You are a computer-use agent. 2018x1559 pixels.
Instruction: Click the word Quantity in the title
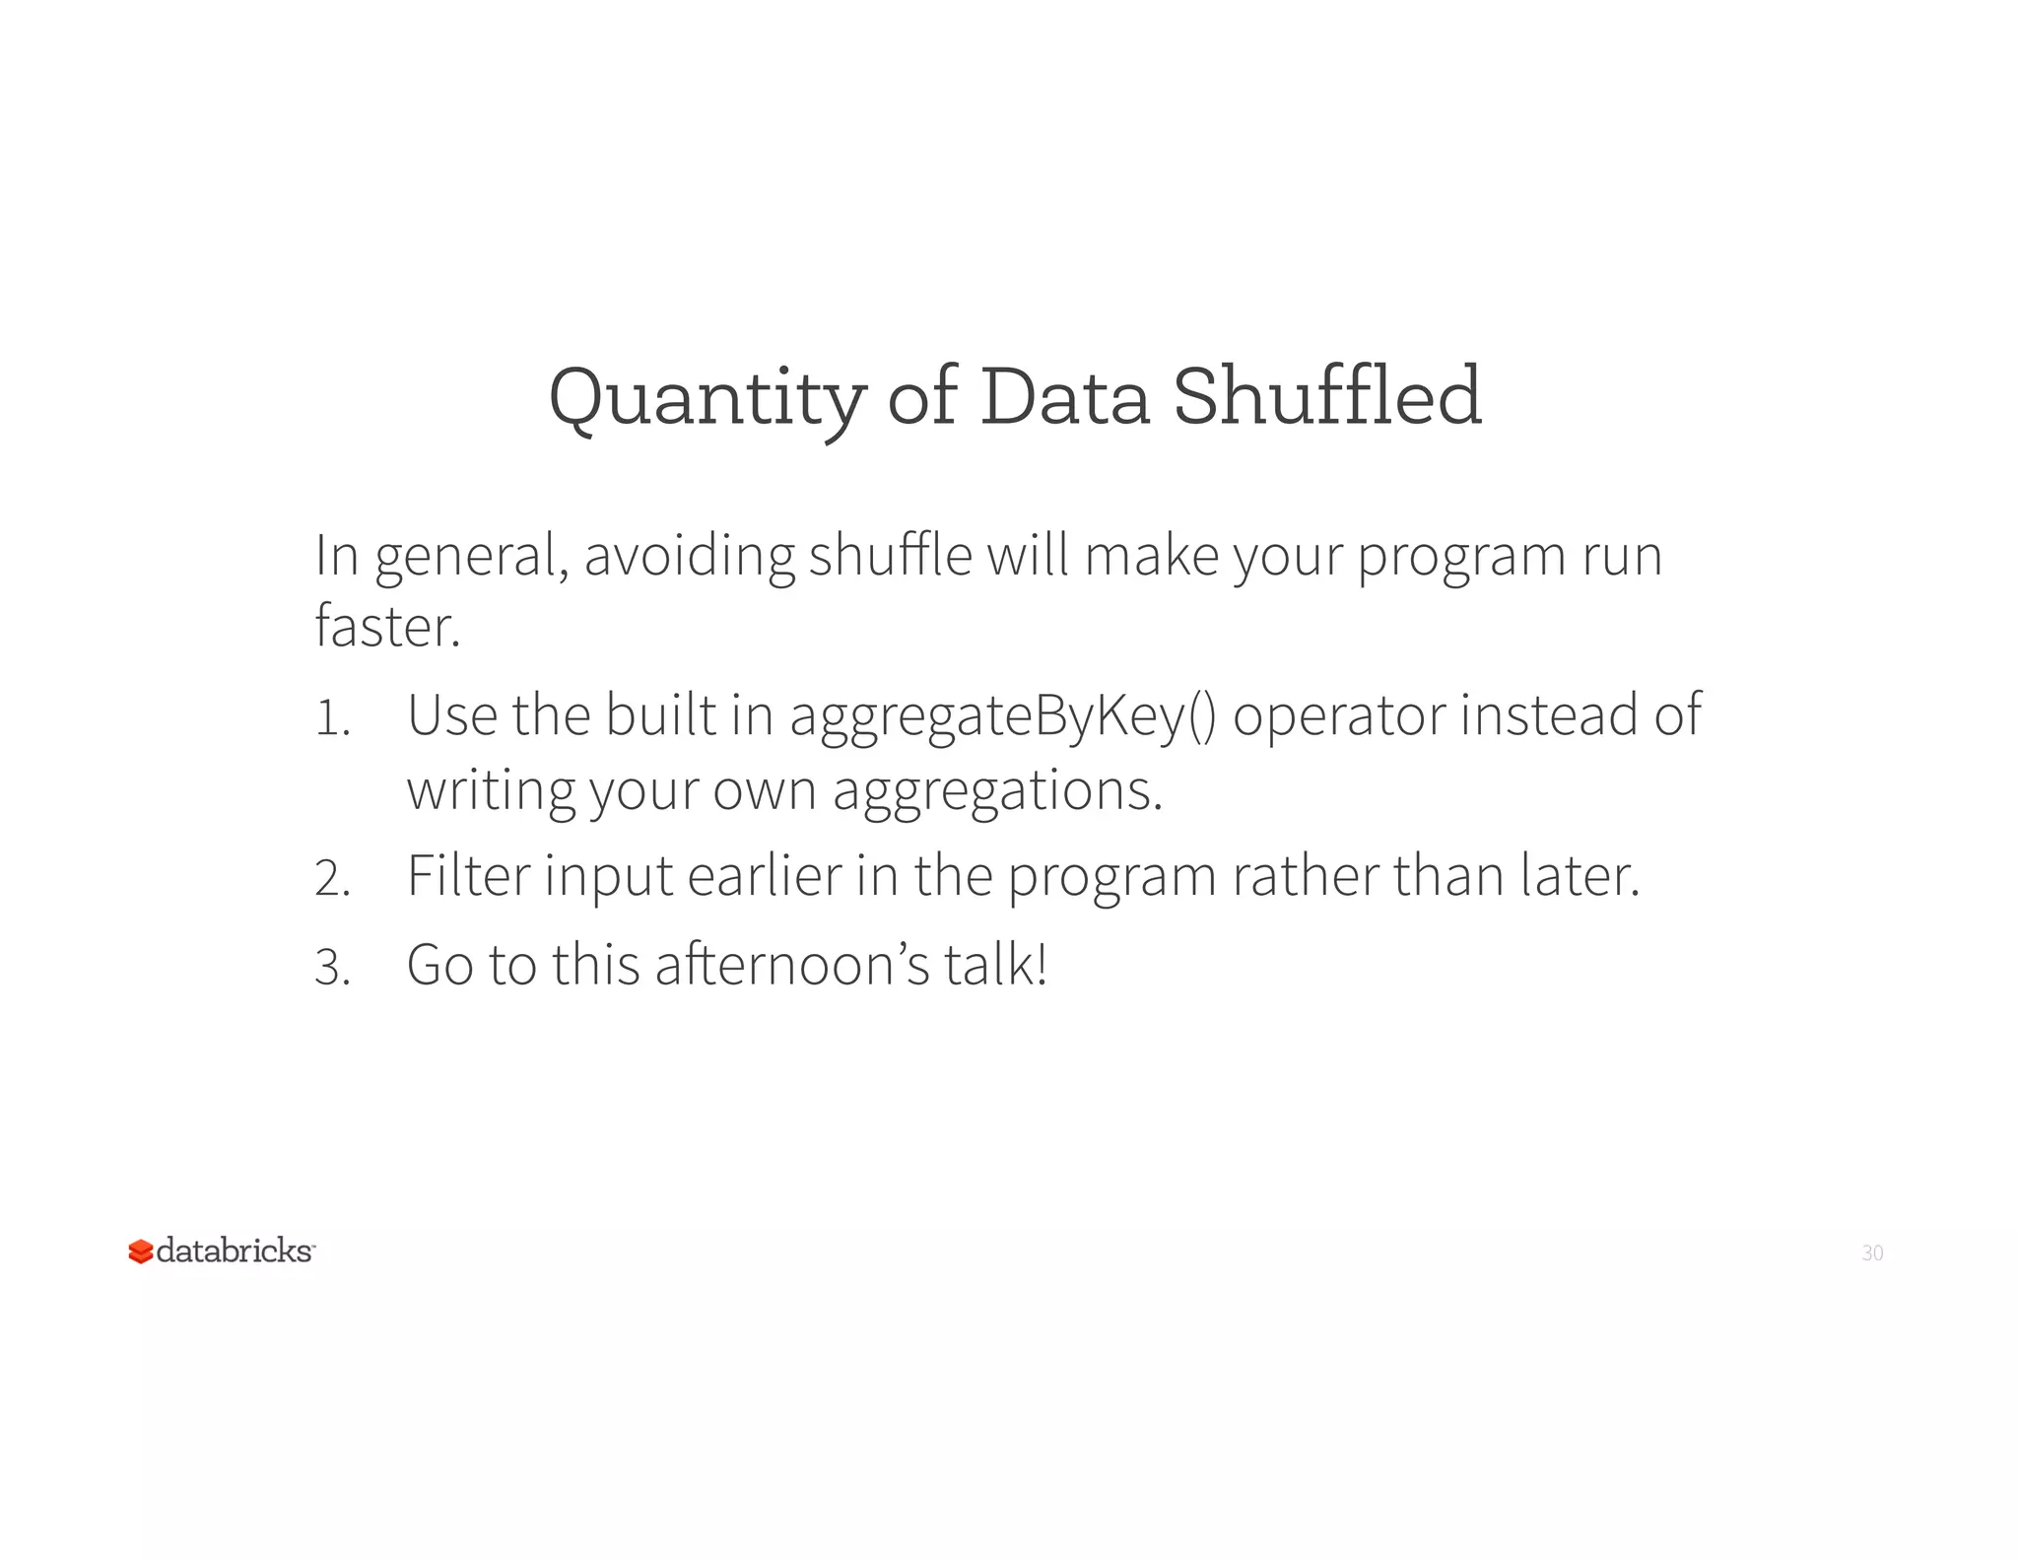tap(706, 397)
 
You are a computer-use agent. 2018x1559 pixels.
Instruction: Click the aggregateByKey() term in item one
tap(1003, 716)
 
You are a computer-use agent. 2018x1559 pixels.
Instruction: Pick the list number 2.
tap(332, 877)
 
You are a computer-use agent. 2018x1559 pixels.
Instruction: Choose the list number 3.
tap(332, 967)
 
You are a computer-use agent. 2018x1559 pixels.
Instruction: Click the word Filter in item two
tap(468, 875)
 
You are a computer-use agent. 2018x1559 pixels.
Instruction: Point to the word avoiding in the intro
tap(689, 556)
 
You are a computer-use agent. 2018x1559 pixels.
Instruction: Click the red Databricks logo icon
tap(141, 1252)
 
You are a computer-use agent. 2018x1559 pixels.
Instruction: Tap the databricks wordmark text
tap(235, 1251)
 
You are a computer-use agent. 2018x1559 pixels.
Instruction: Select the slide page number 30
tap(1872, 1253)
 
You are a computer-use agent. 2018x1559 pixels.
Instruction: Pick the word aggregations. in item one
tap(997, 791)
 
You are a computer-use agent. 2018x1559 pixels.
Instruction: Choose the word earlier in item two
tap(765, 875)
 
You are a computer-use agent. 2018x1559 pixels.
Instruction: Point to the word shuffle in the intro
tap(890, 556)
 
